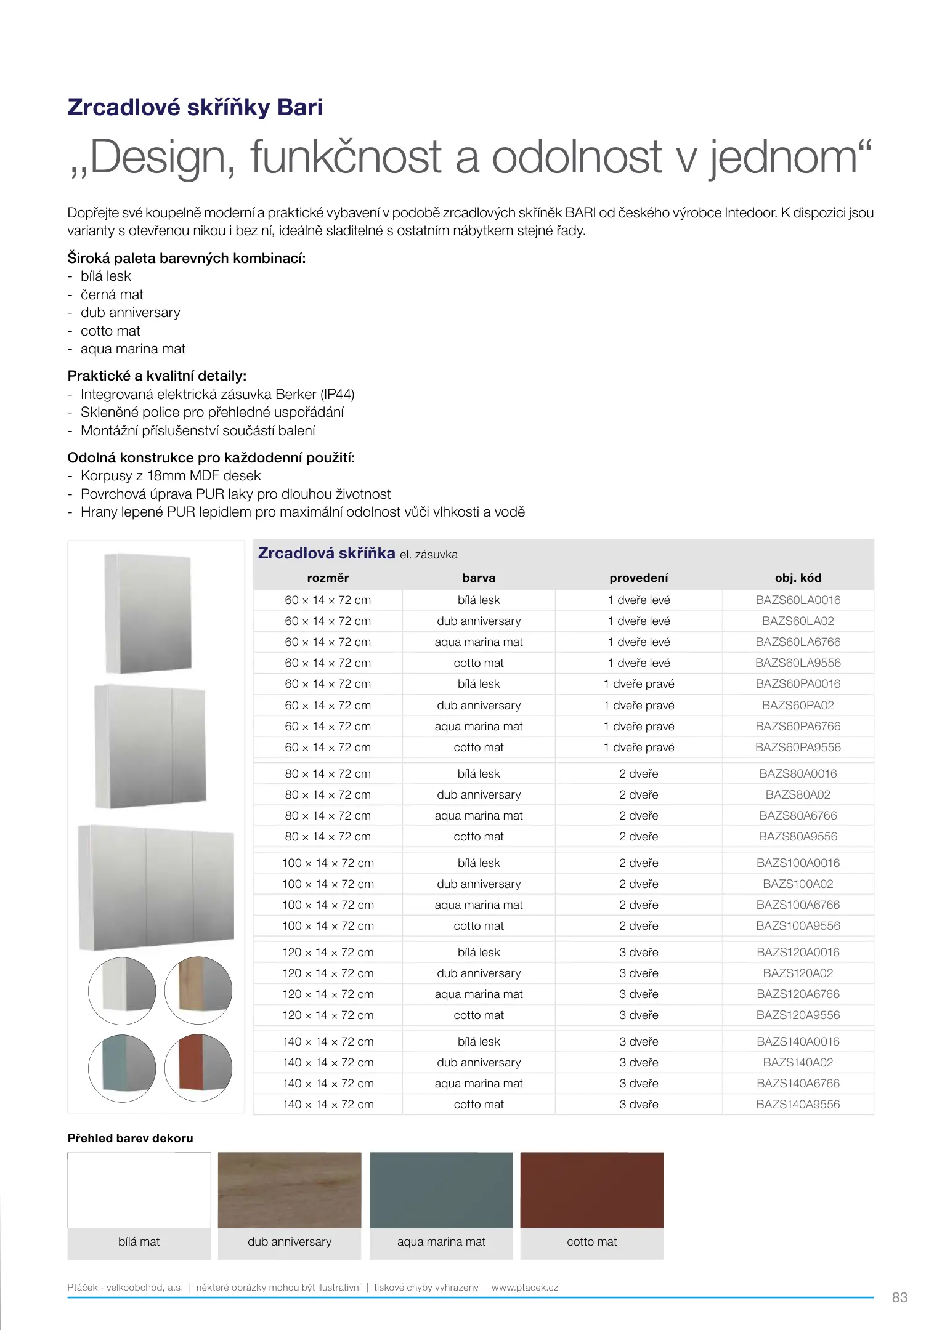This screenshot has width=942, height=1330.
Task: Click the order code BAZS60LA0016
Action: (x=797, y=600)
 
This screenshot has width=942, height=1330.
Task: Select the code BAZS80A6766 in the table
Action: (x=797, y=815)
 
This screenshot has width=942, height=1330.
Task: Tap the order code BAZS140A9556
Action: (x=797, y=1104)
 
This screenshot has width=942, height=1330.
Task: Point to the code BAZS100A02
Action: (x=797, y=884)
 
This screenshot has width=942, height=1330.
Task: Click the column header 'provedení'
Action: (x=638, y=578)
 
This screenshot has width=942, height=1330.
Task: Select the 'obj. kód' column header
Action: (x=797, y=578)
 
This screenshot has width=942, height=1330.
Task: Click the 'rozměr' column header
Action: (x=328, y=578)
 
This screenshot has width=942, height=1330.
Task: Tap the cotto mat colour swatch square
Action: (x=591, y=1190)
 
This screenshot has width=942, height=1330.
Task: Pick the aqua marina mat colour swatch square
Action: (x=441, y=1190)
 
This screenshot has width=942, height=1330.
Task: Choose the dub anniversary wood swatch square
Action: (x=290, y=1190)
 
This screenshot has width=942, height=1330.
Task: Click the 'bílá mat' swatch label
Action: (x=139, y=1241)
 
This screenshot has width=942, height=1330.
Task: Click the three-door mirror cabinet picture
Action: (x=156, y=887)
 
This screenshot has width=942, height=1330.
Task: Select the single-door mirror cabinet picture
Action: (x=148, y=613)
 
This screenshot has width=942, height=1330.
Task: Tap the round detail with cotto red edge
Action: (x=198, y=1068)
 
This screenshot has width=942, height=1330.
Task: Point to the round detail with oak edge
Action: (x=198, y=990)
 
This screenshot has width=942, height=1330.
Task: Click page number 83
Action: (x=899, y=1297)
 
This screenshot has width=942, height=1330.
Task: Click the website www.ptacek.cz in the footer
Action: (x=525, y=1287)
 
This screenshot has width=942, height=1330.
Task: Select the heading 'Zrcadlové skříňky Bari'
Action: (x=195, y=107)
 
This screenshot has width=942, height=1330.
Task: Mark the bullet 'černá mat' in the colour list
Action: (x=112, y=294)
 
